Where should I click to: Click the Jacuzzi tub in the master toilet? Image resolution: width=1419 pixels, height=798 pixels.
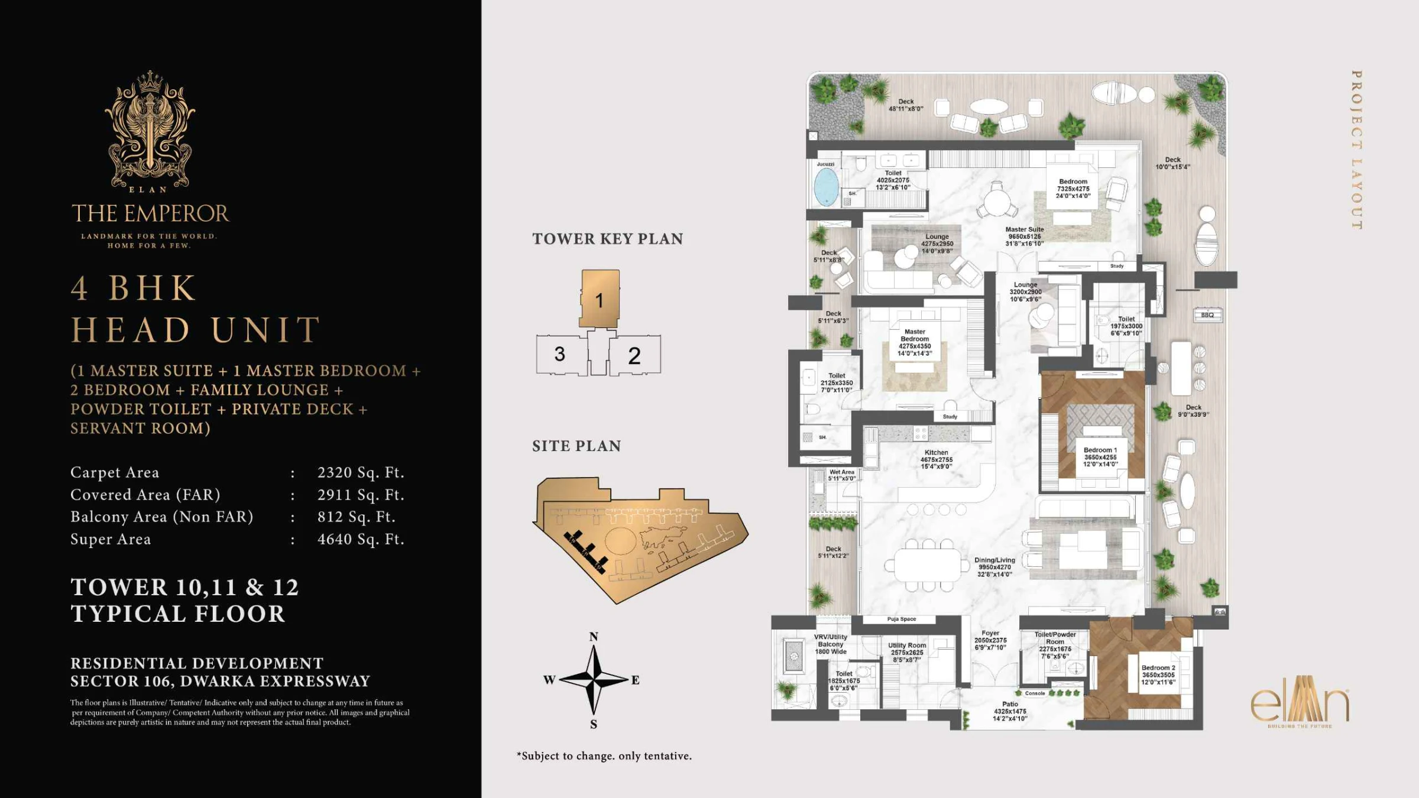826,186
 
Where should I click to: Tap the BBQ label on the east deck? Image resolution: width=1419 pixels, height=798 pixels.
1207,315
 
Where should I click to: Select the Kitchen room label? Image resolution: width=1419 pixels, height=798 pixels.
937,459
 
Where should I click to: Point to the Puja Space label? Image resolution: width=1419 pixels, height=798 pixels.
901,619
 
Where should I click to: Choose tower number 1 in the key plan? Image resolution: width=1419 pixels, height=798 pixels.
599,300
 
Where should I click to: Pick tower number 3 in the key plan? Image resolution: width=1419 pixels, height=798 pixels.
559,354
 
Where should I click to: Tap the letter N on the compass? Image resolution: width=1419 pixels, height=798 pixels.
594,637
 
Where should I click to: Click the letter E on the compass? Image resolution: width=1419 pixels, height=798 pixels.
635,680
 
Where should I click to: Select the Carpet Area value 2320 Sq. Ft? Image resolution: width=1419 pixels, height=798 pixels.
361,472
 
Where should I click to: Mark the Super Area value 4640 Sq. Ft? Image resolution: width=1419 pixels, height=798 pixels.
361,539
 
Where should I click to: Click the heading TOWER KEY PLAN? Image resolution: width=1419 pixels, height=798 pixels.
607,239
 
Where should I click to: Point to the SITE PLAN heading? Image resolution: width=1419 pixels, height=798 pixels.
576,446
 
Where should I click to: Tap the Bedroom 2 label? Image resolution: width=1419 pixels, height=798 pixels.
1158,674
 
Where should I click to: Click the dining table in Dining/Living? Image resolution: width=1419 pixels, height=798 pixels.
928,565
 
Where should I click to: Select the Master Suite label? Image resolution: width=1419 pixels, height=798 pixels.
1025,236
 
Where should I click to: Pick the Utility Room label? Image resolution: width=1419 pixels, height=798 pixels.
907,652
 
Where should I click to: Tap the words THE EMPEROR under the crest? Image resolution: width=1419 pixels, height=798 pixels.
150,213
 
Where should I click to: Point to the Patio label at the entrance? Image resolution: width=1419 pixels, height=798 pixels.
1010,711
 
